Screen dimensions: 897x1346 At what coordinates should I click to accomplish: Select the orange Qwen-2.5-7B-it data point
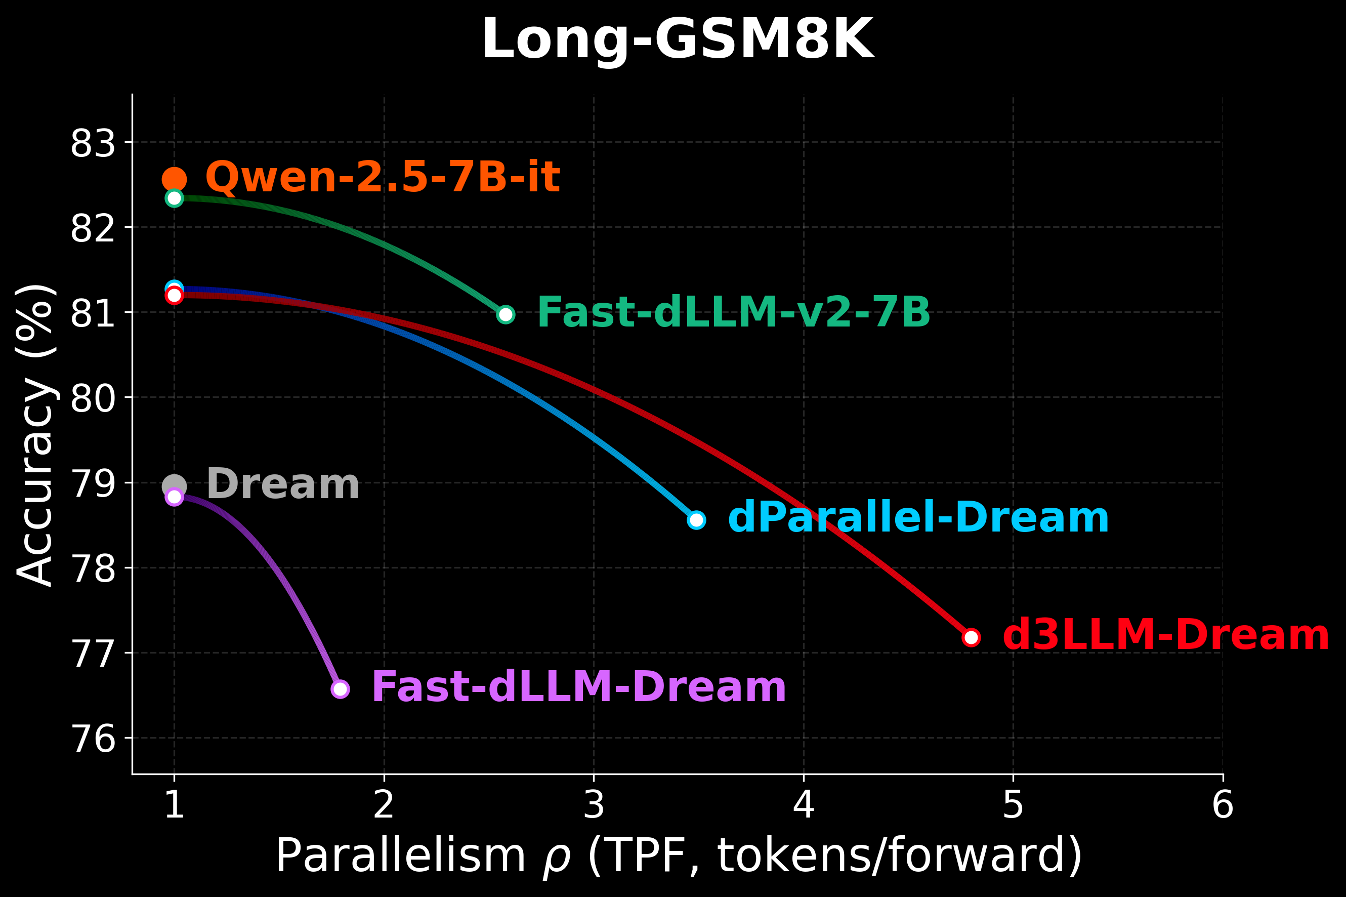coord(175,179)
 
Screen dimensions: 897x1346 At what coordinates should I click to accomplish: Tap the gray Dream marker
coord(175,485)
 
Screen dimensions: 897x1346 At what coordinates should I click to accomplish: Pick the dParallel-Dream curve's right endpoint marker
coord(696,519)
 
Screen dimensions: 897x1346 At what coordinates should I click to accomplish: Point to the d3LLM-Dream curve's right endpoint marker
coord(971,637)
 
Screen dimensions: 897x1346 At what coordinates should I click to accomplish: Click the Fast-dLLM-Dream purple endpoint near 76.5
coord(340,689)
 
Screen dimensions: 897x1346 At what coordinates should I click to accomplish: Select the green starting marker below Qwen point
coord(175,198)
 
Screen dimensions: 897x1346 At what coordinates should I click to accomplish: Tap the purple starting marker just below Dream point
coord(175,497)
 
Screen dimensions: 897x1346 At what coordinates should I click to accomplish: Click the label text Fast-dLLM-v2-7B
coord(734,313)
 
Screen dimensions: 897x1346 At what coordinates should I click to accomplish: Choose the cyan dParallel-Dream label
coord(918,518)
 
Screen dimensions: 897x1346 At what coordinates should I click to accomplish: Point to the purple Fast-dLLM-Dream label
coord(579,687)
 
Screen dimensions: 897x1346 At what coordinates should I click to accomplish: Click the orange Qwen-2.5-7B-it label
coord(382,177)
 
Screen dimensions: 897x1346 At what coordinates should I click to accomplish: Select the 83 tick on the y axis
coord(93,144)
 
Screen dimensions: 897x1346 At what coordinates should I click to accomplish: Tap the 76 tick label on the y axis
coord(93,739)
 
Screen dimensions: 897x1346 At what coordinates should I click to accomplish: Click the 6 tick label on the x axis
coord(1223,805)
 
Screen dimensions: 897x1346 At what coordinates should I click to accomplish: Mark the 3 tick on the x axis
coord(594,805)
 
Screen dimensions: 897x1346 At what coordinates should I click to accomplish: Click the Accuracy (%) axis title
coord(35,435)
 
